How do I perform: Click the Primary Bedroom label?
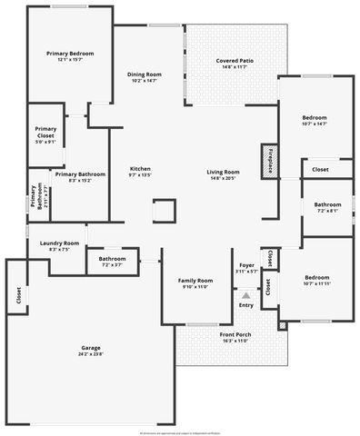[x=70, y=54]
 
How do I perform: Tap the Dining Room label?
[x=144, y=74]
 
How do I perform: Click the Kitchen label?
[x=140, y=169]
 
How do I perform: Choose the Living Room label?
[x=223, y=172]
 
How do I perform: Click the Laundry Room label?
[x=59, y=243]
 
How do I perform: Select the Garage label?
[x=91, y=348]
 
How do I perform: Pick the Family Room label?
[x=195, y=281]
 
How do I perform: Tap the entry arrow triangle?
[x=245, y=295]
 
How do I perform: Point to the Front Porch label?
[x=235, y=335]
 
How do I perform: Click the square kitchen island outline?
[x=163, y=210]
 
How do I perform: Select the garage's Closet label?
[x=17, y=296]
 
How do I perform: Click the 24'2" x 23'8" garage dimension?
[x=91, y=354]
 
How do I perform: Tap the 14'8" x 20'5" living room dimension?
[x=223, y=178]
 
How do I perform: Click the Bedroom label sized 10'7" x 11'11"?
[x=316, y=277]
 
